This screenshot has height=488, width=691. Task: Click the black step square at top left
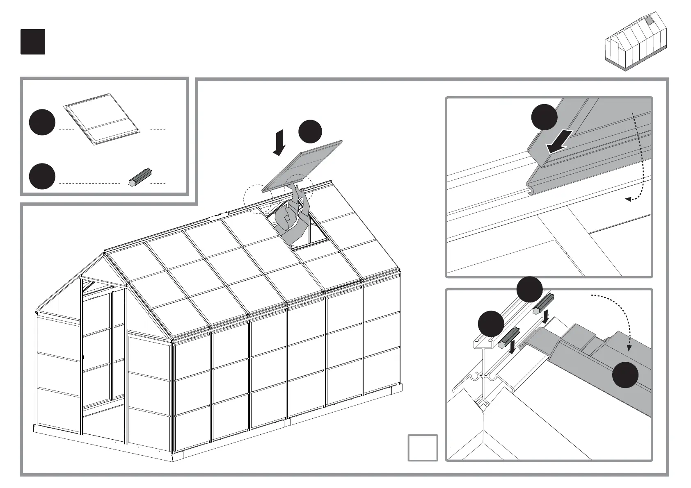[x=33, y=42]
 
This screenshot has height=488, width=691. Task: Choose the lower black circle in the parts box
[x=42, y=176]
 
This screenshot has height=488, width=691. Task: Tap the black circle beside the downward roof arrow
[x=310, y=132]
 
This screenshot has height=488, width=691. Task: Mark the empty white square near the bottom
[x=423, y=448]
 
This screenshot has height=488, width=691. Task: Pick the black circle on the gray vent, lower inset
[x=625, y=374]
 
